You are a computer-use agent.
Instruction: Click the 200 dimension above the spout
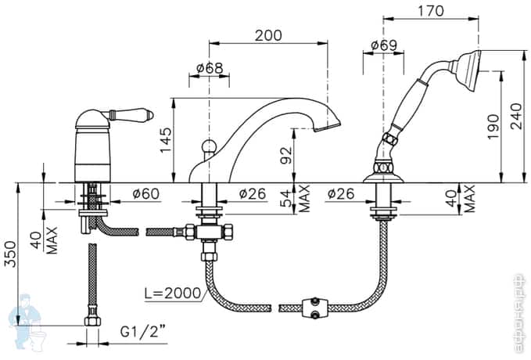tap(268, 36)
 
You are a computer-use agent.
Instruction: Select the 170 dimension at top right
tap(430, 12)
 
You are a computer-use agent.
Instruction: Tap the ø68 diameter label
tap(210, 68)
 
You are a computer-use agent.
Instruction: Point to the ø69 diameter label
tap(383, 45)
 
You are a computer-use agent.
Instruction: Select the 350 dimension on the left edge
tap(9, 253)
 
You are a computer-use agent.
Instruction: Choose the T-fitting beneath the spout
tap(210, 232)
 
